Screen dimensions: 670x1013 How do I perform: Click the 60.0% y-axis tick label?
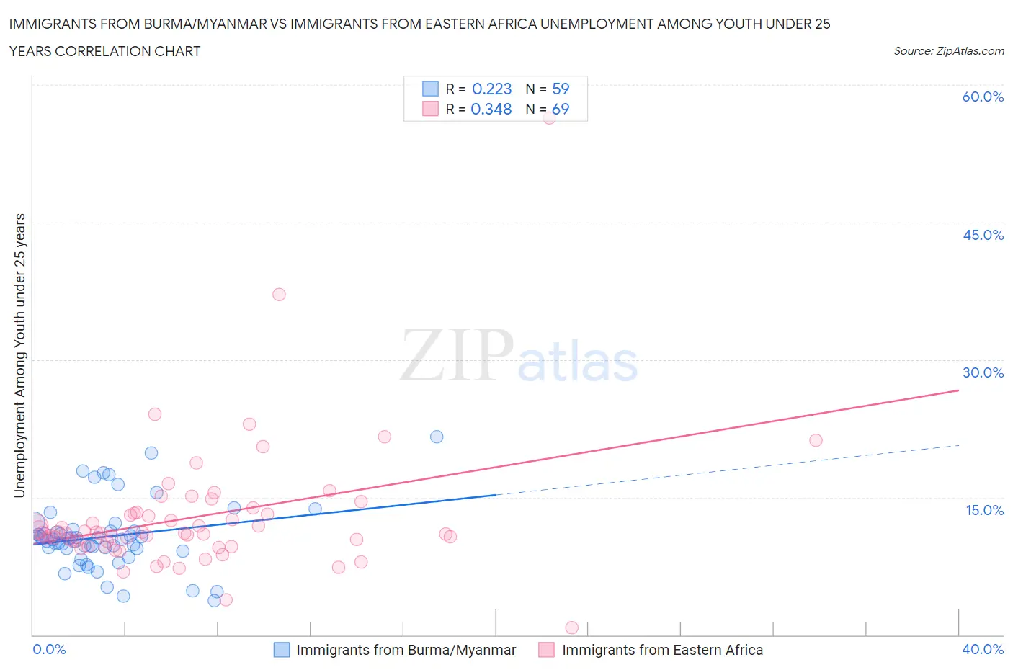pyautogui.click(x=983, y=97)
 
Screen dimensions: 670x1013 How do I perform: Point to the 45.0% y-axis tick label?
pyautogui.click(x=983, y=235)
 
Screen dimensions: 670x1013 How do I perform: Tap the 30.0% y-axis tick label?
pyautogui.click(x=983, y=372)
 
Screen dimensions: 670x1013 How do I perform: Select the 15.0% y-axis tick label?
pyautogui.click(x=984, y=510)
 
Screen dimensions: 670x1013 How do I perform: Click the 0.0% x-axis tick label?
pyautogui.click(x=49, y=649)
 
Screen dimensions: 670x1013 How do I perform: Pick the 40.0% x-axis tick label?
pyautogui.click(x=983, y=649)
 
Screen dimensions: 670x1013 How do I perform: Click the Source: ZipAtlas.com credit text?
pyautogui.click(x=948, y=50)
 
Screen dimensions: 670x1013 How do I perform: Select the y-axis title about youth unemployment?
pyautogui.click(x=19, y=355)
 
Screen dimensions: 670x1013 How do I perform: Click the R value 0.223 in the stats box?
pyautogui.click(x=491, y=89)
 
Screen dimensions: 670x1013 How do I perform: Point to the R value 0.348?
pyautogui.click(x=491, y=109)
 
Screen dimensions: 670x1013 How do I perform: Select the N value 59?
pyautogui.click(x=561, y=89)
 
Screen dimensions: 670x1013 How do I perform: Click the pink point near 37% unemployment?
pyautogui.click(x=279, y=294)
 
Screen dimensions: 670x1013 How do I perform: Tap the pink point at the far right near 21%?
pyautogui.click(x=816, y=440)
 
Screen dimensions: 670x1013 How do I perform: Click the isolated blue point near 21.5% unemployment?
pyautogui.click(x=437, y=437)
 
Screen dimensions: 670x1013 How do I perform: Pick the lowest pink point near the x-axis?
pyautogui.click(x=572, y=627)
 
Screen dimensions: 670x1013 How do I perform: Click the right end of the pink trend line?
pyautogui.click(x=958, y=390)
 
